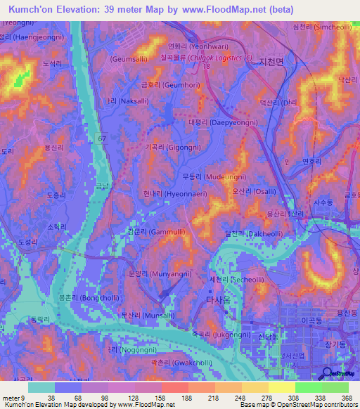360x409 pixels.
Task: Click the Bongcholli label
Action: [88, 298]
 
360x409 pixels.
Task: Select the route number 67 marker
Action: [102, 139]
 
